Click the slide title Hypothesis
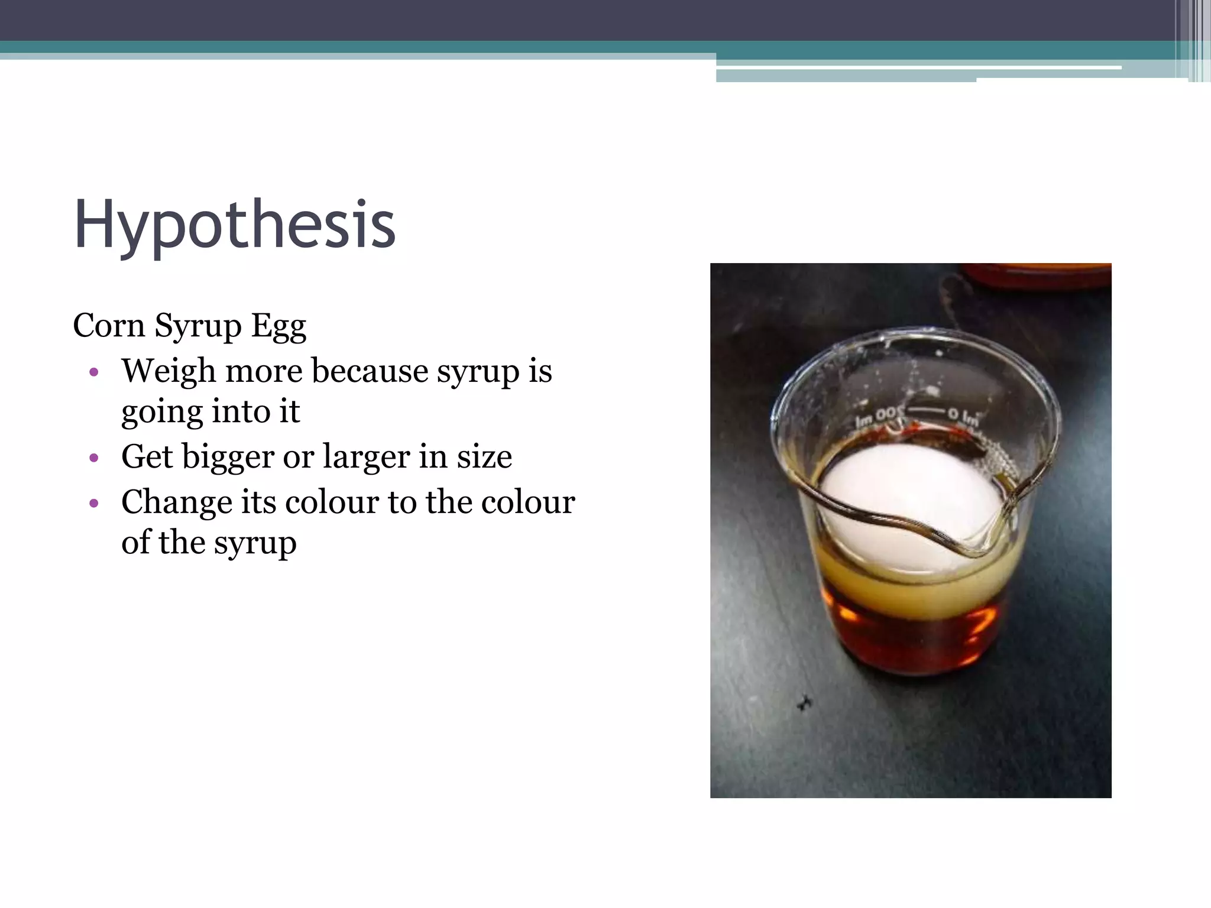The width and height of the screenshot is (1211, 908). coord(235,226)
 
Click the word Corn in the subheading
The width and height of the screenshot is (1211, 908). coord(109,326)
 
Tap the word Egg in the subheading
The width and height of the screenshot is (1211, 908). coord(279,327)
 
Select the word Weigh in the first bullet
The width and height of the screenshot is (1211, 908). coord(169,372)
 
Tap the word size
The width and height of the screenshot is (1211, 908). coord(484,456)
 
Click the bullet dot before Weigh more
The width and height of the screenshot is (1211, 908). coord(93,372)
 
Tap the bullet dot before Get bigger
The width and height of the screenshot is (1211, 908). coord(93,458)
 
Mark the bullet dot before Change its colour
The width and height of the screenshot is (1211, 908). coord(93,503)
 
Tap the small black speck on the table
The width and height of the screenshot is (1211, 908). coord(804,703)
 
